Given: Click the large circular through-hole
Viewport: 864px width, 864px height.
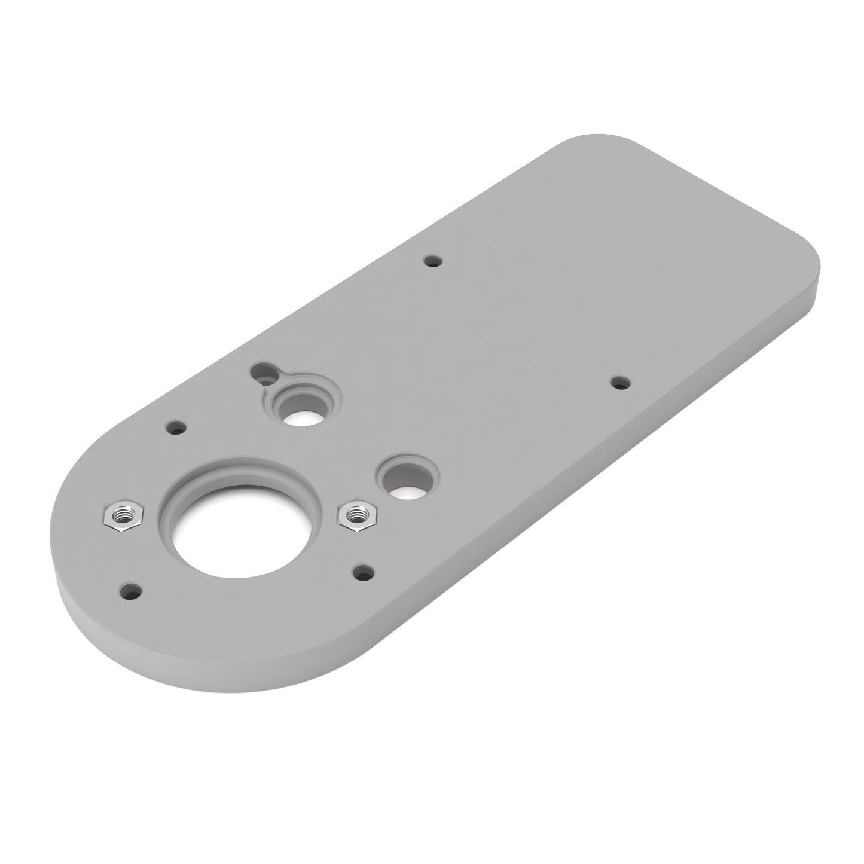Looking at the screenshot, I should [239, 535].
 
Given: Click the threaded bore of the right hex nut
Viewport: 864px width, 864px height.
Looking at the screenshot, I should [357, 512].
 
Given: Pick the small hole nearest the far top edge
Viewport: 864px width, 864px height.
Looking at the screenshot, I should [432, 261].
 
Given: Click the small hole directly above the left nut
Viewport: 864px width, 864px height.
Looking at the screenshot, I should [176, 428].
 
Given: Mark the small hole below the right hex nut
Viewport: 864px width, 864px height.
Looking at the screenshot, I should [363, 572].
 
